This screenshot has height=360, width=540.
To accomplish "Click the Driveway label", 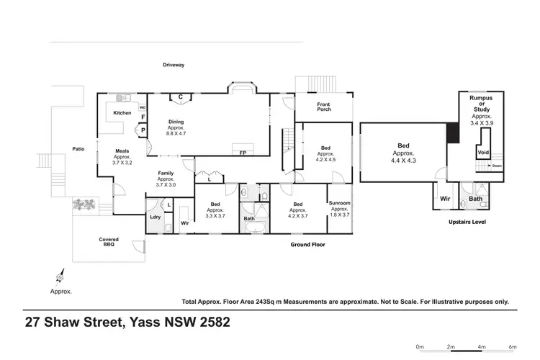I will pos(173,65).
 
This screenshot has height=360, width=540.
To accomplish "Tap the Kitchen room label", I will pos(122,113).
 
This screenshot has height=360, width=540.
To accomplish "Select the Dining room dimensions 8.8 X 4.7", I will pos(176,133).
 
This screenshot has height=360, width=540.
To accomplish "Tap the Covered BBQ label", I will pos(109,242).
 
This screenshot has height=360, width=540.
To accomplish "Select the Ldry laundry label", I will pos(155,217).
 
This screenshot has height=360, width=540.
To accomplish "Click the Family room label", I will pos(166,174).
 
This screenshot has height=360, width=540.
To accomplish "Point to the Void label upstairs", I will pos(483,153).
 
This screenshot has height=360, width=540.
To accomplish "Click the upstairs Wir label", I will pos(444,197).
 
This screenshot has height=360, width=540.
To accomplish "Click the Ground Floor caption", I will pos(307,245).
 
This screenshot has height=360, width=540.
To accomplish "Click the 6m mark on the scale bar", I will pos(513,346).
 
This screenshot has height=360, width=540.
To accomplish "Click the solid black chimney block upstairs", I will pos(452,133).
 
